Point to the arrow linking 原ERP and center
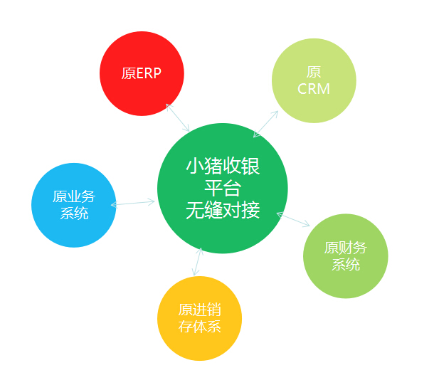click(178, 118)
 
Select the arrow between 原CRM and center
click(265, 124)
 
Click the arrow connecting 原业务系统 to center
click(133, 203)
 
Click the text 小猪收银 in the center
click(223, 167)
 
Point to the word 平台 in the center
click(223, 189)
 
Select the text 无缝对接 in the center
click(223, 211)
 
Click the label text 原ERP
click(142, 74)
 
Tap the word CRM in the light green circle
click(314, 90)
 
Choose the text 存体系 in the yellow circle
click(199, 327)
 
